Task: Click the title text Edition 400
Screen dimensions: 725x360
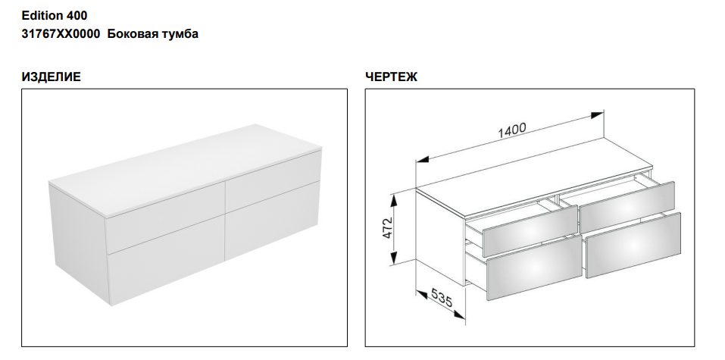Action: point(54,16)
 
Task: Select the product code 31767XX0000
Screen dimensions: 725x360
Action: point(61,34)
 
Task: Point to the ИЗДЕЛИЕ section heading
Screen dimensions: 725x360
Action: point(51,77)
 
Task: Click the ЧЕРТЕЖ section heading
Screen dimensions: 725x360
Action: point(391,77)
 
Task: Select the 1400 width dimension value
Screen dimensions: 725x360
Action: point(512,130)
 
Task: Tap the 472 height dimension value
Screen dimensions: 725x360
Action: point(387,227)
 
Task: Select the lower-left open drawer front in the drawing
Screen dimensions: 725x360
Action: point(535,267)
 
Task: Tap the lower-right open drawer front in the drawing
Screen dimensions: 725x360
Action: point(633,246)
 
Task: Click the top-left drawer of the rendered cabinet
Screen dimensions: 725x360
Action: point(164,218)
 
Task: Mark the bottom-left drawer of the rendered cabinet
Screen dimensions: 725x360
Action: point(166,265)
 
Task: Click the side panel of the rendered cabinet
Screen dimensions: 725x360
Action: point(78,243)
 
